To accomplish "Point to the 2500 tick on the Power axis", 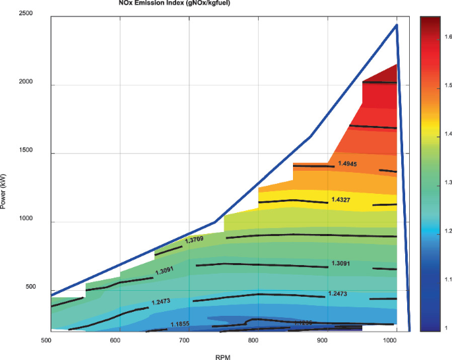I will tap(28, 14).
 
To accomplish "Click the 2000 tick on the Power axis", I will tap(28, 84).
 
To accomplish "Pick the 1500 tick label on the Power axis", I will tap(28, 153).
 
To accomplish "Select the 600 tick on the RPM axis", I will tap(115, 340).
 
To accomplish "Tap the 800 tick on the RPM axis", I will tap(253, 340).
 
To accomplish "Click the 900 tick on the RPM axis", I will tap(322, 340).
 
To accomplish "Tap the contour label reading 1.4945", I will tap(348, 164).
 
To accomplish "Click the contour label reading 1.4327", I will tap(342, 199).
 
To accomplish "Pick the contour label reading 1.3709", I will tap(195, 241).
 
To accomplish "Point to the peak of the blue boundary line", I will tap(397, 25).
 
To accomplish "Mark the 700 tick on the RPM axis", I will tap(184, 340).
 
